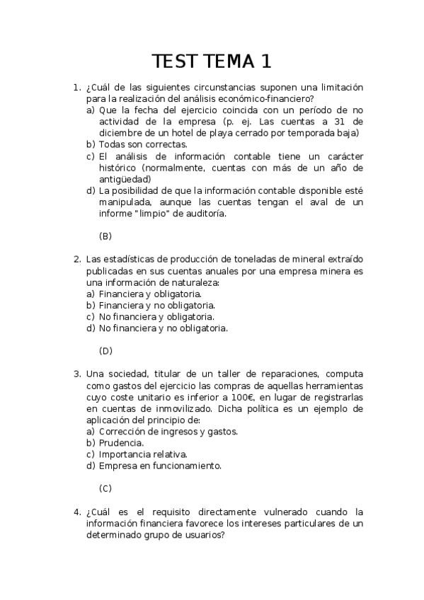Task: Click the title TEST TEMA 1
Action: [x=212, y=62]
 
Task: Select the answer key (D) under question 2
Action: [x=105, y=350]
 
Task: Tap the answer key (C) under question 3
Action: [x=105, y=488]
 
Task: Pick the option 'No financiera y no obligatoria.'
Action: [x=164, y=328]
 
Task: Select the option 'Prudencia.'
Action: [x=122, y=442]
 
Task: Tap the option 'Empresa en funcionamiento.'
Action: [x=161, y=466]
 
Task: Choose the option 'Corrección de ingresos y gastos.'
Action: [x=168, y=431]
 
